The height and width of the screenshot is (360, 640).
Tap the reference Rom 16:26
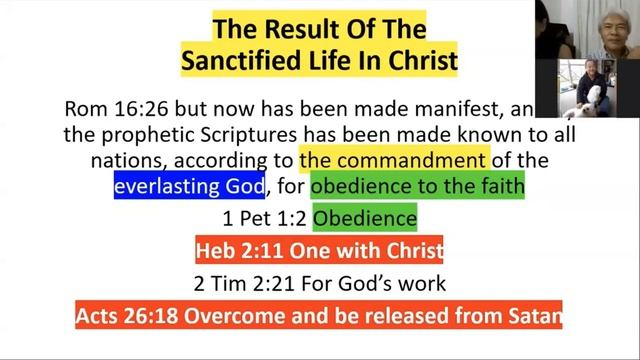click(x=106, y=108)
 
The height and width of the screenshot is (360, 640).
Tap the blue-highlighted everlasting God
click(x=189, y=185)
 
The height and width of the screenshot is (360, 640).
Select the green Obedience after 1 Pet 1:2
click(x=364, y=217)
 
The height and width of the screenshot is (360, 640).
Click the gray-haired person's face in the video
click(x=608, y=23)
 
